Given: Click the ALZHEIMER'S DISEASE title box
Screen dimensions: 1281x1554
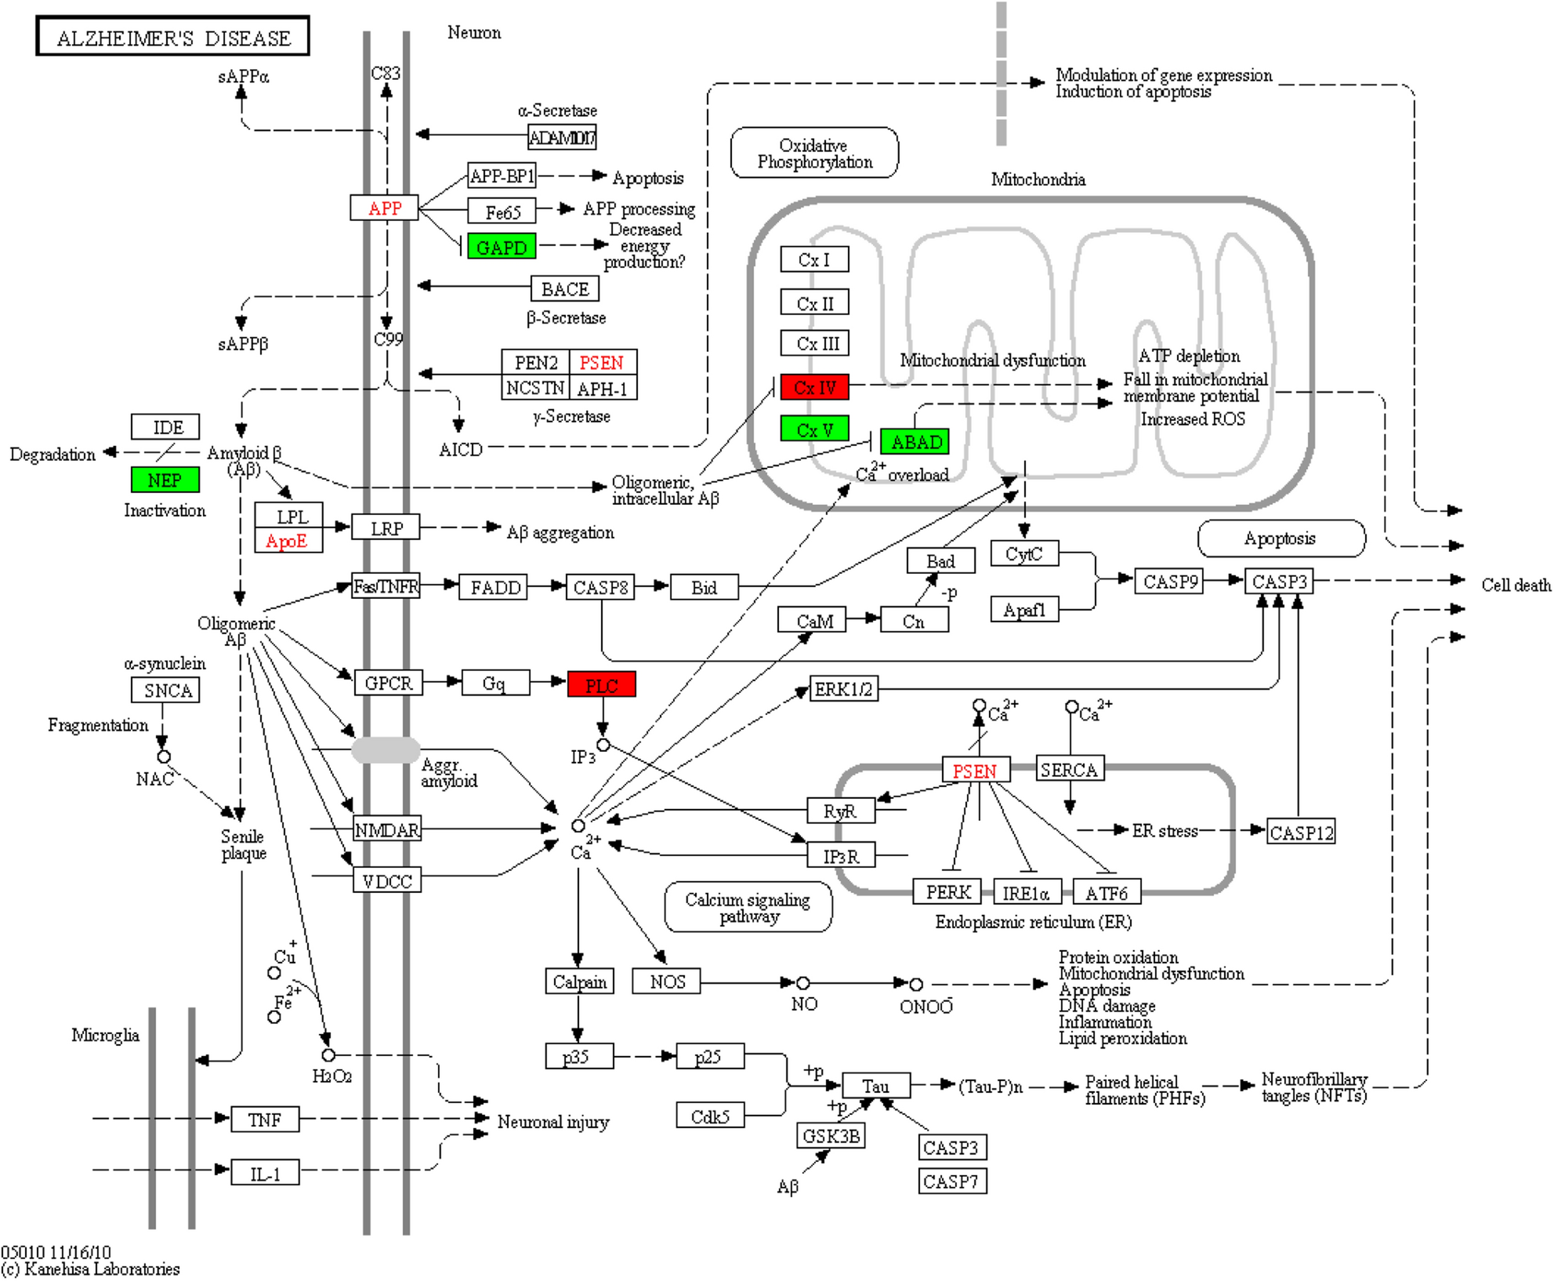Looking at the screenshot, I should pos(172,37).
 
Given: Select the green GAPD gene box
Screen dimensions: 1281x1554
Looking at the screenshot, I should pos(502,247).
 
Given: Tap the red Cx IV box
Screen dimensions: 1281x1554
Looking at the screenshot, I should pos(814,387).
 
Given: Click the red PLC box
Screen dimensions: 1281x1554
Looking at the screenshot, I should pos(601,685).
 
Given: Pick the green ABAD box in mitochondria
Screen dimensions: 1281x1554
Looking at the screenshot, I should pos(915,442).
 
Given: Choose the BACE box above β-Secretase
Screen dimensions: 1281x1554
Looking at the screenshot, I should pos(564,289).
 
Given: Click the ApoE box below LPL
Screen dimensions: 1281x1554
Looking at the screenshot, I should pos(288,541).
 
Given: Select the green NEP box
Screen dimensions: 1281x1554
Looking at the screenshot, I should pos(165,480).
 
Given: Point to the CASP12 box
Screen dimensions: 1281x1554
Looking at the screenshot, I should pos(1300,833).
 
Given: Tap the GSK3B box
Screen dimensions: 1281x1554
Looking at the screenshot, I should pos(831,1135).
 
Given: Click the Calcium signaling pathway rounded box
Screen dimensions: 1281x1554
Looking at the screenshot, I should pos(748,907).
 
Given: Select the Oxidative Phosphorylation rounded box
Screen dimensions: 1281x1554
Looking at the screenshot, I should pos(814,154).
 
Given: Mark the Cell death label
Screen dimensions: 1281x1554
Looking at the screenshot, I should pos(1515,585).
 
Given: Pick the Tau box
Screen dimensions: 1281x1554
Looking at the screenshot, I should pos(875,1086).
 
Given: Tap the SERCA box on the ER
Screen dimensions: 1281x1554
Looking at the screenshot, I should pos(1069,770).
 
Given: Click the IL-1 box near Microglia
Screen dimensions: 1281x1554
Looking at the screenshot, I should pos(265,1174).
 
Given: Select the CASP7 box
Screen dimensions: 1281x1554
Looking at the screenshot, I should pos(951,1181).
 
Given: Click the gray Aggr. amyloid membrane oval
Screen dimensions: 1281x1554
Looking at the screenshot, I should pos(386,749).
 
